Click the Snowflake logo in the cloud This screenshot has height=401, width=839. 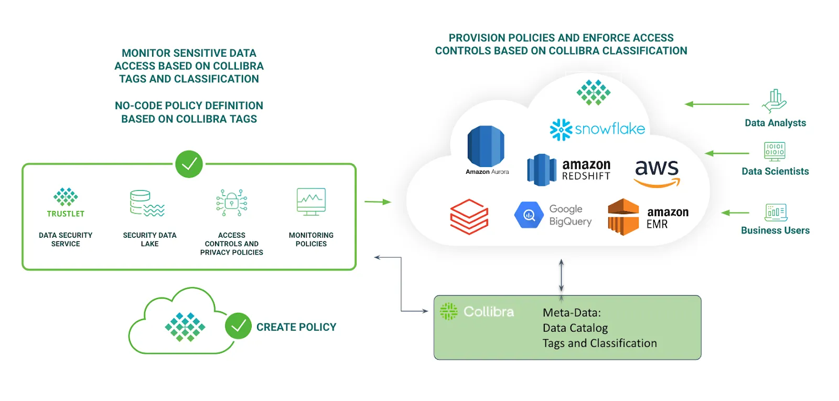597,129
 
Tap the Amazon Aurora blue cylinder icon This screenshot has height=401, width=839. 486,147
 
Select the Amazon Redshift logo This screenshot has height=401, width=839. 569,170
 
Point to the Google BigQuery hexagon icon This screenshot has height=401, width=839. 529,215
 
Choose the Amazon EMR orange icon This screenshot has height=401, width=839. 623,217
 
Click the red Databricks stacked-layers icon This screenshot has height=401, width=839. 469,216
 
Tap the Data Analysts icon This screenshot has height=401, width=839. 775,101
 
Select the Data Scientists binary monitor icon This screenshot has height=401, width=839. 775,151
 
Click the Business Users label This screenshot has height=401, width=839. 775,230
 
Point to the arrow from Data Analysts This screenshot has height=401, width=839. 717,104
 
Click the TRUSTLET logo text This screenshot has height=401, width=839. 66,214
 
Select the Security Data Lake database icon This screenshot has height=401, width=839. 147,204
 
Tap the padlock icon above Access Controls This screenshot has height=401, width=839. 231,203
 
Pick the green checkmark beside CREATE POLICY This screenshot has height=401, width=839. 238,326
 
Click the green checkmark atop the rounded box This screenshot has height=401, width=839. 189,164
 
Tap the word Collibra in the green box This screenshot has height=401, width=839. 489,312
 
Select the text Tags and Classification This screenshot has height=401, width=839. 599,343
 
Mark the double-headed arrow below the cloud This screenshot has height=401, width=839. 561,276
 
